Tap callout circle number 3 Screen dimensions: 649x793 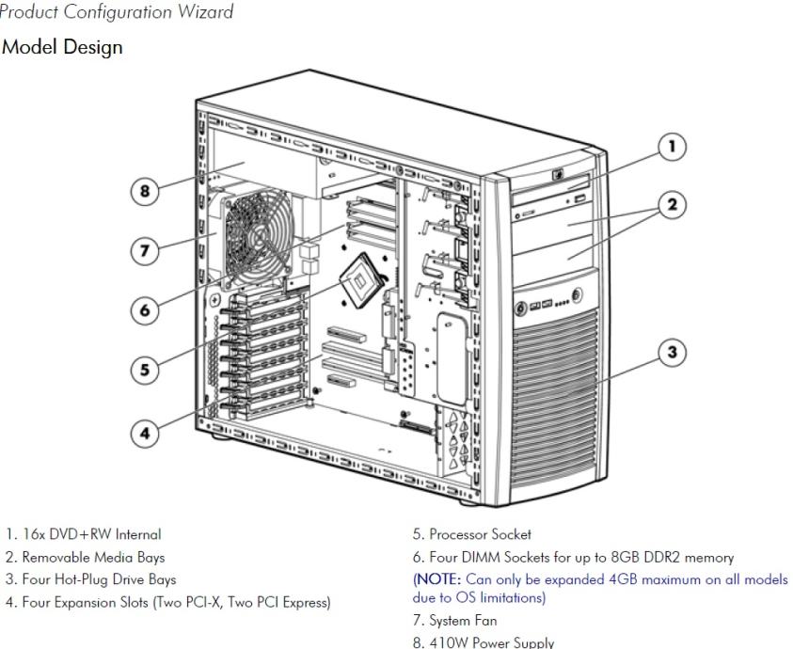pos(671,354)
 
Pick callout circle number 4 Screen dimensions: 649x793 pos(145,434)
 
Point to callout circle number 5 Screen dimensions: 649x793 pos(144,370)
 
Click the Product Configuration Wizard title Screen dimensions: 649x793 pos(117,11)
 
